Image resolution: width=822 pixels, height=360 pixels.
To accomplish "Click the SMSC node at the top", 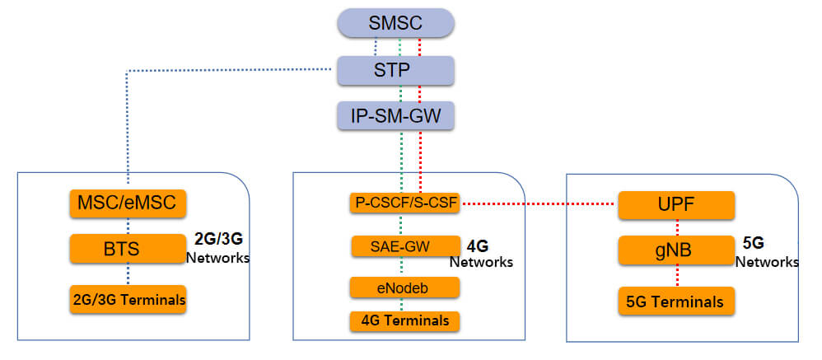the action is pos(395,23).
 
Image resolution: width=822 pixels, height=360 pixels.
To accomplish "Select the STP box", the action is pos(395,70).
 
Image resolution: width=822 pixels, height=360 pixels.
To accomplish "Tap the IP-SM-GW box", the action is pos(395,116).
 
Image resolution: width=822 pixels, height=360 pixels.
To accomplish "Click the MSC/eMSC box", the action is pos(128,203).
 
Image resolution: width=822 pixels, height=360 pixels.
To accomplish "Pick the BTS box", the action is pos(128,249).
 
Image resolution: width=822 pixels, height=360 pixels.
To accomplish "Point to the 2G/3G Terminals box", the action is pos(128,300).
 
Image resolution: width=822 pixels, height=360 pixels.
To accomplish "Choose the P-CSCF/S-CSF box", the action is pos(404,203).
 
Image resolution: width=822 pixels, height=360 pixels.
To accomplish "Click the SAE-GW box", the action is pos(404,246).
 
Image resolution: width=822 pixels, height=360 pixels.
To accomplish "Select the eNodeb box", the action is pos(404,288).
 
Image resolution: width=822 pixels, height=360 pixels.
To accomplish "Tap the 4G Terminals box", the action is pos(404,321).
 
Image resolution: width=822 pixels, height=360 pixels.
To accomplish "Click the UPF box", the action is pos(676,205).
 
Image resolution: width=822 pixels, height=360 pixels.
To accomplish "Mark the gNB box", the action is pos(676,250).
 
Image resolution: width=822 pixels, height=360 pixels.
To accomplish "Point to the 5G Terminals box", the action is pos(676,302).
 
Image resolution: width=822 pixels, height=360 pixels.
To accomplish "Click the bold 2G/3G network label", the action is pos(218,240).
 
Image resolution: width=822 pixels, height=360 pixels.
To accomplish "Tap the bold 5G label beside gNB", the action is pos(754,243).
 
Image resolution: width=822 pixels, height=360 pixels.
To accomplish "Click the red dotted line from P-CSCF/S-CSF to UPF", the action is pos(539,203).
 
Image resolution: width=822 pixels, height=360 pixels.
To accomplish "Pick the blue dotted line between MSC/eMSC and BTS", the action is pos(128,227).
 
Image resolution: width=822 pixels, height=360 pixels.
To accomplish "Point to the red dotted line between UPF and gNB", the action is pos(677,228).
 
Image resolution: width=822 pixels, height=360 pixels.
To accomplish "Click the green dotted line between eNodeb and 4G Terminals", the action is pos(402,305).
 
